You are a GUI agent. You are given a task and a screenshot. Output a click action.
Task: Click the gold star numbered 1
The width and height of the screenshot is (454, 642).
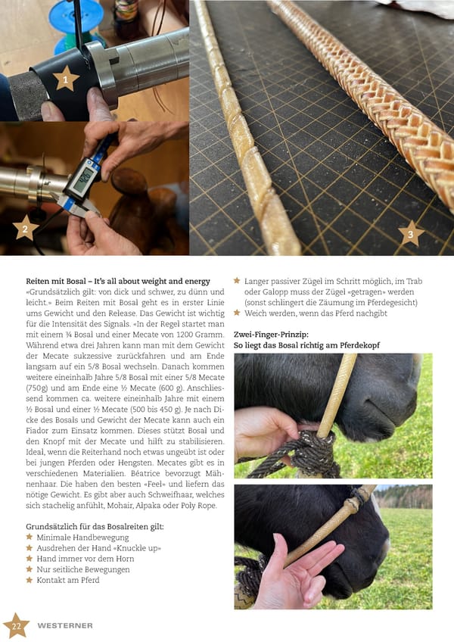tap(66, 78)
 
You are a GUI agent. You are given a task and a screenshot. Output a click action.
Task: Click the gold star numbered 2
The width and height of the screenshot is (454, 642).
tap(26, 228)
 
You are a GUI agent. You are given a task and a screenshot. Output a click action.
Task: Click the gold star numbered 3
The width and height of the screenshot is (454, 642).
tap(411, 233)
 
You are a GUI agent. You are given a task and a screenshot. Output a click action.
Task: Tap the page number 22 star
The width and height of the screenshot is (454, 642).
tap(16, 625)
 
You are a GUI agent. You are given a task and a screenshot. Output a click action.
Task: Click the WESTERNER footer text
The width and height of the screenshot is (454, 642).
tap(64, 625)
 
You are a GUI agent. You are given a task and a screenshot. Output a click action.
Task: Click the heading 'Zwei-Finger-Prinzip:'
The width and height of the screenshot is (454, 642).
tap(271, 335)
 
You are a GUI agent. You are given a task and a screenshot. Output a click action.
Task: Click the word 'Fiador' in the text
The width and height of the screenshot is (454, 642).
tap(38, 431)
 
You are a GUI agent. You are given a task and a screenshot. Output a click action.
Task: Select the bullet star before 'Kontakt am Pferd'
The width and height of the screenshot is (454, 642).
tap(30, 580)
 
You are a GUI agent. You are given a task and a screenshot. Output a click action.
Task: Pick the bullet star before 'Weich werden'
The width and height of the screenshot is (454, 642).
tap(237, 313)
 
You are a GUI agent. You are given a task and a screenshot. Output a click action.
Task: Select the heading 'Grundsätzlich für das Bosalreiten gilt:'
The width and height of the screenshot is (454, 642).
tap(95, 526)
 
